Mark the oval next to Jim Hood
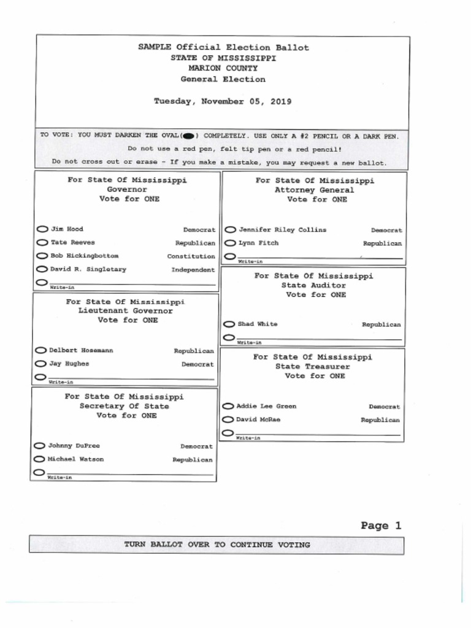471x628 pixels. tap(42, 229)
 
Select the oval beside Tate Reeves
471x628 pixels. tap(42, 243)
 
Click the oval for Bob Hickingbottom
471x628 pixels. tap(42, 256)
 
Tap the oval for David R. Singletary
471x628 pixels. tap(42, 269)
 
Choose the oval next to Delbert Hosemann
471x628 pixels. tap(40, 351)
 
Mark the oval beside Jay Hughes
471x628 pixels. tap(40, 364)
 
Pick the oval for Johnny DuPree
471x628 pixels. tap(39, 446)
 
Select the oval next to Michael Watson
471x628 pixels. tap(39, 459)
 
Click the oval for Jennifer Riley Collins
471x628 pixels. tap(230, 230)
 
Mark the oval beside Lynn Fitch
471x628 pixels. tap(230, 243)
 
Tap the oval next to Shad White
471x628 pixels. tap(229, 324)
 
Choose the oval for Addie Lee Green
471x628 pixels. tap(228, 407)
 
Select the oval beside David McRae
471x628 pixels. tap(228, 420)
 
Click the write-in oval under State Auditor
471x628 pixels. tap(229, 337)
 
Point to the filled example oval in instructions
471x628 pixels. tap(189, 136)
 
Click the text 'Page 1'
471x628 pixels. tap(381, 526)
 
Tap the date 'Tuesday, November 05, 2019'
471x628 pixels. tap(223, 101)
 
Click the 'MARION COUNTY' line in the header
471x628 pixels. tap(223, 69)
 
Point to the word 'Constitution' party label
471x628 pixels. tap(191, 256)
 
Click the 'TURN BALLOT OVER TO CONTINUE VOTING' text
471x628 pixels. tap(217, 545)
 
